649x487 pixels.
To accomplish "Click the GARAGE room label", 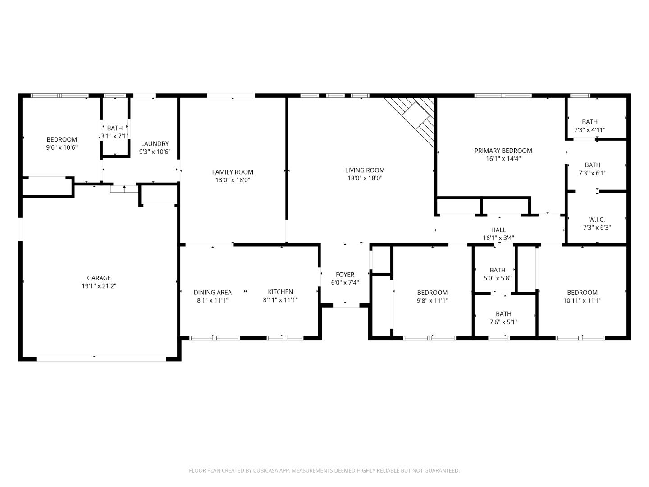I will coord(99,278).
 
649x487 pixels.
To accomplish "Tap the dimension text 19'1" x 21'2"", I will coord(99,286).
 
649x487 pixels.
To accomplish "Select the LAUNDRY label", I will coord(155,144).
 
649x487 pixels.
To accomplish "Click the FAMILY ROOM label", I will coord(233,172).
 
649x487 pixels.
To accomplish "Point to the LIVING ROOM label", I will coord(365,170).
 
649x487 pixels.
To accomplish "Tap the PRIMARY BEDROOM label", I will coord(503,151).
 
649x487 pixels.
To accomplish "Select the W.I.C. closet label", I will coord(597,220).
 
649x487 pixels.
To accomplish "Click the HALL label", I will coord(498,230).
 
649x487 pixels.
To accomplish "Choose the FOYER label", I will coord(345,274).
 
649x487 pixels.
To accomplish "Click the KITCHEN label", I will coord(280,292).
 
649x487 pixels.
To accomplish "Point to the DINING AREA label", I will coord(213,292).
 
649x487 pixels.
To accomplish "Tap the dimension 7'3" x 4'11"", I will coord(590,130).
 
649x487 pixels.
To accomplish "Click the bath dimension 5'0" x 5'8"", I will coord(497,278).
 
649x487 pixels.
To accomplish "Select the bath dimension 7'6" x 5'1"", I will coord(503,322).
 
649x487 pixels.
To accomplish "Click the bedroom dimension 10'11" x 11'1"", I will coord(582,300).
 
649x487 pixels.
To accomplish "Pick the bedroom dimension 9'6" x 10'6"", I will coord(62,147).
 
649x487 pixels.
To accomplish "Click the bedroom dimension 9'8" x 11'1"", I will coord(432,300).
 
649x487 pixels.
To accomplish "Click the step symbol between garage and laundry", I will coord(124,188).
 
